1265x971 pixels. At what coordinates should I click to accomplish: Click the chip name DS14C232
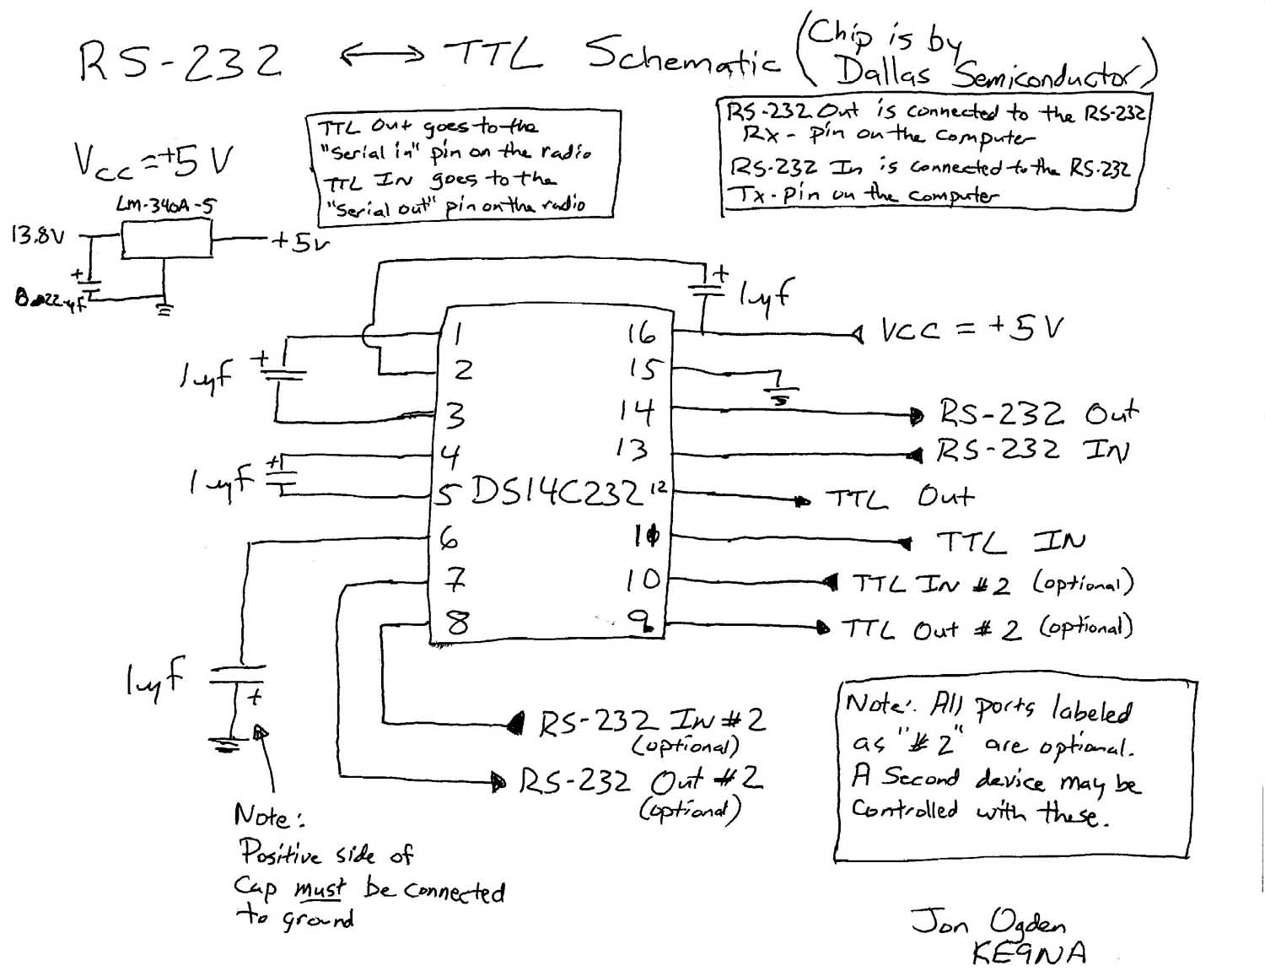pos(557,490)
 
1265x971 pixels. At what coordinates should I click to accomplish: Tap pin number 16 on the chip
pos(641,334)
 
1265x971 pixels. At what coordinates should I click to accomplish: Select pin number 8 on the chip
pos(457,623)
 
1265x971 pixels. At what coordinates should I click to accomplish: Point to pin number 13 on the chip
pos(632,449)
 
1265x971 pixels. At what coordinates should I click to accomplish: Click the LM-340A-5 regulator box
pos(165,238)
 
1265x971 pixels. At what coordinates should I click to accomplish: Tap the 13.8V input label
pos(37,235)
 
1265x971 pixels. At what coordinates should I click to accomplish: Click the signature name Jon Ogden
pos(988,921)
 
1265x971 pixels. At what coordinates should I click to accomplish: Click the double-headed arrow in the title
pos(382,56)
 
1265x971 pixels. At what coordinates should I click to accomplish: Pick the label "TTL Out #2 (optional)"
pos(986,628)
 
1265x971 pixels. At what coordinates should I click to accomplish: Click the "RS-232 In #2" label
pos(651,721)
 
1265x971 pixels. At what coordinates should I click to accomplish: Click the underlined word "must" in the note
pos(320,889)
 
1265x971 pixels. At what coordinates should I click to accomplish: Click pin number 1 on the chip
pos(457,334)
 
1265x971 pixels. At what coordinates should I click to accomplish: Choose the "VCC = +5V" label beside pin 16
pos(972,329)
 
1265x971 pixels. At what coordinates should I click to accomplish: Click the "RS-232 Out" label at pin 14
pos(1038,413)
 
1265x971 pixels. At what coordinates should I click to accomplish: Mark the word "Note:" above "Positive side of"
pos(268,817)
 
